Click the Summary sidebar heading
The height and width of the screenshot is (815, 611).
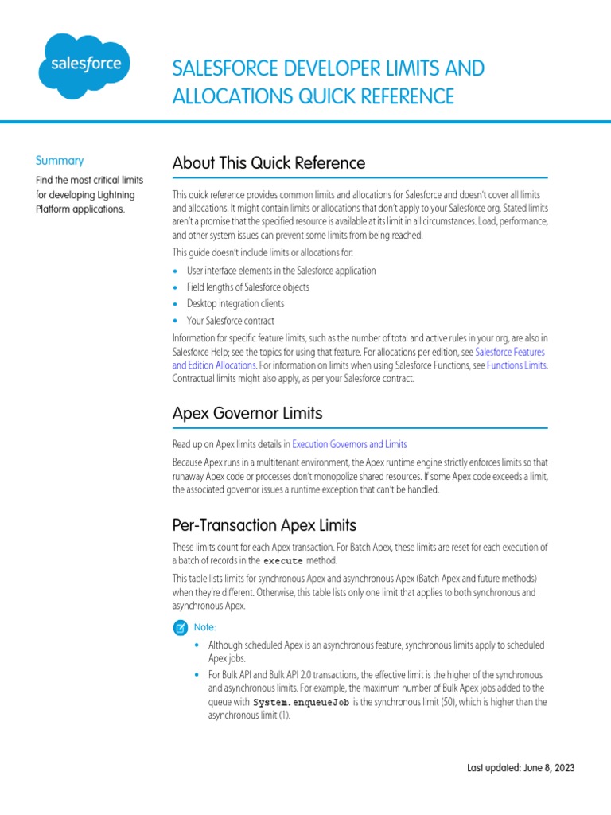(60, 160)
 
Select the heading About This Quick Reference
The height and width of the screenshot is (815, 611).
(269, 163)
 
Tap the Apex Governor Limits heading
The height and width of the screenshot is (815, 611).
(247, 413)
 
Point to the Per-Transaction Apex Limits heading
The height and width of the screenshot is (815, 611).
(264, 525)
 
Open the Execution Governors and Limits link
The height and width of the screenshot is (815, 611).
(349, 444)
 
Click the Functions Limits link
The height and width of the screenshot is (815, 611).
(516, 365)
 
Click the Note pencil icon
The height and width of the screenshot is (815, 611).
(181, 627)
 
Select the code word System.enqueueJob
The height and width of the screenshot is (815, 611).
(301, 703)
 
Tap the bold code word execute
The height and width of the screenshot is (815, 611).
(283, 561)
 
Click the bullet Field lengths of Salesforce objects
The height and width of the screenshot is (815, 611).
(247, 287)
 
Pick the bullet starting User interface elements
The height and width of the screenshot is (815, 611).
(281, 271)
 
